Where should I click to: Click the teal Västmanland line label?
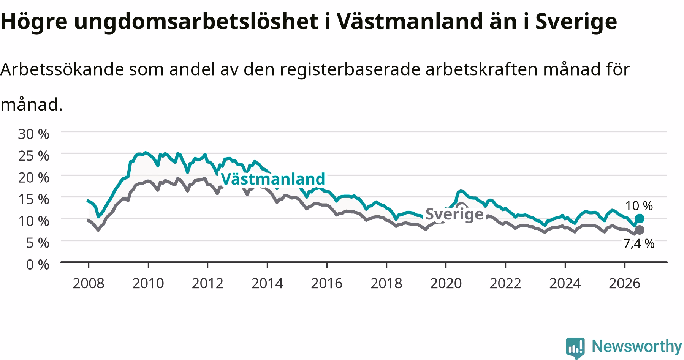click(x=273, y=179)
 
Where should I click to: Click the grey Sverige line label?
click(x=454, y=214)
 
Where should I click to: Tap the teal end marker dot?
click(x=640, y=218)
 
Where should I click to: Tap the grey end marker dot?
click(x=640, y=230)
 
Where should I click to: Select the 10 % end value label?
click(x=639, y=206)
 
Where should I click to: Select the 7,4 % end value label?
click(x=639, y=243)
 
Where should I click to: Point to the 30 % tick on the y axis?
click(x=33, y=134)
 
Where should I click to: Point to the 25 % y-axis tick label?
click(x=33, y=156)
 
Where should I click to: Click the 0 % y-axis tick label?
click(x=38, y=264)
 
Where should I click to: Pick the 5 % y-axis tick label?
click(x=38, y=243)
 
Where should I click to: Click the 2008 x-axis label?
click(x=88, y=283)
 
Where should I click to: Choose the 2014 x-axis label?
click(x=267, y=283)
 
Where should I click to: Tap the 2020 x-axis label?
click(x=446, y=283)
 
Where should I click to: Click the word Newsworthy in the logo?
click(x=637, y=346)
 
